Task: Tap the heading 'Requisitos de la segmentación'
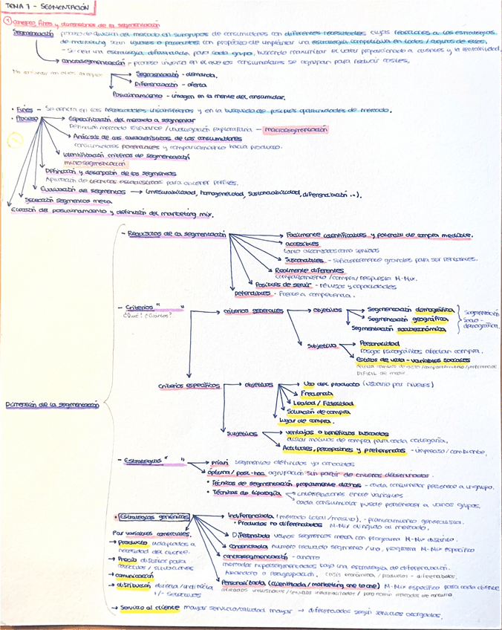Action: click(176, 233)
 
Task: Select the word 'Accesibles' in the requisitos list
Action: click(301, 243)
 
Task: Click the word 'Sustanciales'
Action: click(304, 260)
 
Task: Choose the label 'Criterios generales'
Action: click(246, 311)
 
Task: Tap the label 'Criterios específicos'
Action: click(189, 385)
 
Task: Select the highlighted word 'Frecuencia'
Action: click(316, 393)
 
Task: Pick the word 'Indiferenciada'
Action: click(244, 515)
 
